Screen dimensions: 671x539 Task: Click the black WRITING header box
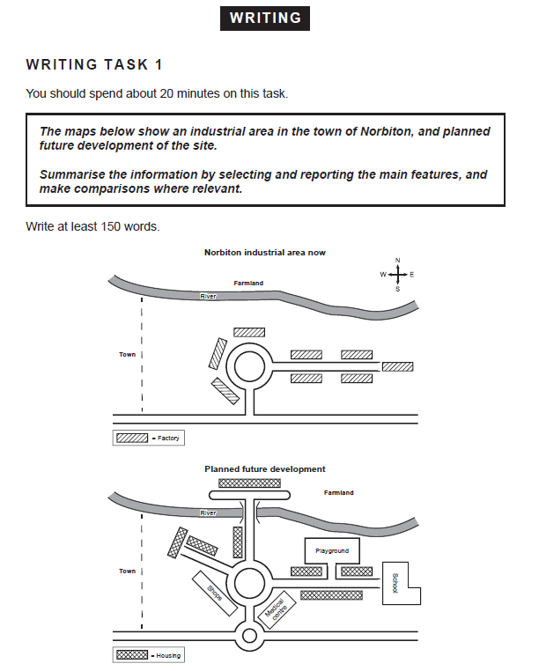265,18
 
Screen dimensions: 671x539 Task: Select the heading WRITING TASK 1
94,64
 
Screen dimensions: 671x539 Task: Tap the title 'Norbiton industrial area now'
265,252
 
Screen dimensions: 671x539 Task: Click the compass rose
398,274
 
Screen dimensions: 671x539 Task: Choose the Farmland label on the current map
248,284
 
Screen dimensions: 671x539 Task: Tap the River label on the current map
208,297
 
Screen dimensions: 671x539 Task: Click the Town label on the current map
128,355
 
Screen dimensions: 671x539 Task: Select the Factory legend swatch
132,438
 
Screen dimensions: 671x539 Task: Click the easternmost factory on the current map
397,366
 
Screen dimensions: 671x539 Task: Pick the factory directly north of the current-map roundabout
249,332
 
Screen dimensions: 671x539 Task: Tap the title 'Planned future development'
265,469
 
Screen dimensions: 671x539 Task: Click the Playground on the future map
332,550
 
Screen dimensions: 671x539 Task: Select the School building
396,582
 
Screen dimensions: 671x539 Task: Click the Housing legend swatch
132,655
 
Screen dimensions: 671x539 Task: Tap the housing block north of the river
250,483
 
